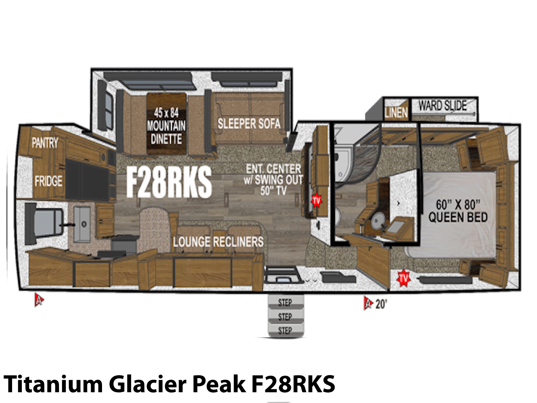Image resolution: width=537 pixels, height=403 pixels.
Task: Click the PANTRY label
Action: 45,142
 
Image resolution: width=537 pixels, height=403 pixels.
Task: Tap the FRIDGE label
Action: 48,181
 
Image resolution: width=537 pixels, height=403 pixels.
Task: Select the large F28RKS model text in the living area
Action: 169,182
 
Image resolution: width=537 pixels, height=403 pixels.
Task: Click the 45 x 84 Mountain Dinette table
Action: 166,124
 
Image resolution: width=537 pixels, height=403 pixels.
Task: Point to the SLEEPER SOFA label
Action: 249,124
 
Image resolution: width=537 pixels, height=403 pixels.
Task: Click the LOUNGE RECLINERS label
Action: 218,242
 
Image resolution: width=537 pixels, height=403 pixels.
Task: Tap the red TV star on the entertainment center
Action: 316,200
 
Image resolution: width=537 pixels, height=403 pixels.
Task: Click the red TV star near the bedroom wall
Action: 403,278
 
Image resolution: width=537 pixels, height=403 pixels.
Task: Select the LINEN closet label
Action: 396,113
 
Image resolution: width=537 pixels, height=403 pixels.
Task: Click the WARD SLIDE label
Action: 443,106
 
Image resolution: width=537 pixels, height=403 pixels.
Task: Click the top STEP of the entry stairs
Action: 285,303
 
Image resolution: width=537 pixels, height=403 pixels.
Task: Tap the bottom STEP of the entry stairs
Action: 285,331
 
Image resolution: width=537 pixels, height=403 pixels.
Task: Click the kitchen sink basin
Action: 82,224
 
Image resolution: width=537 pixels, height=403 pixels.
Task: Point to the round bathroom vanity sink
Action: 377,220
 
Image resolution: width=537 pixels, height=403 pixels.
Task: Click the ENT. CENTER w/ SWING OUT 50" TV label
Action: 273,180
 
